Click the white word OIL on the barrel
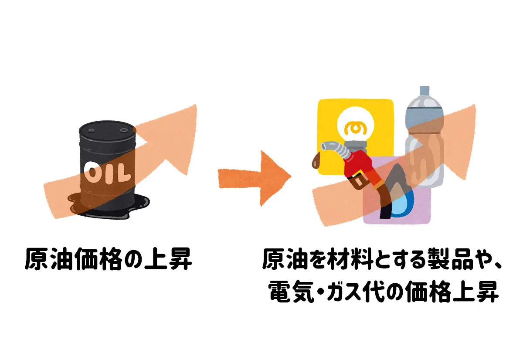point(106,173)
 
